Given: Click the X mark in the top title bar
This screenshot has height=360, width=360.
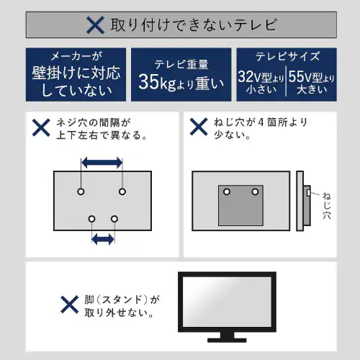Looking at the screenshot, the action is [95, 25].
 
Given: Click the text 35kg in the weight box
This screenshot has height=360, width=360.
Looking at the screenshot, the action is [157, 82].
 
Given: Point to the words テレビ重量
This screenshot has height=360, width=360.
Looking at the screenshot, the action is [181, 64].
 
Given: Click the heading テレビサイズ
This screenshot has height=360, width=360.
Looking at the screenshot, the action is [287, 56].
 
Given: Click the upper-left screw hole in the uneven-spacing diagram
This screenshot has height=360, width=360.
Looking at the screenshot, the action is [81, 192].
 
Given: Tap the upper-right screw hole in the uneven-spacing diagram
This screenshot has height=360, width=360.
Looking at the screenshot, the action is [122, 192].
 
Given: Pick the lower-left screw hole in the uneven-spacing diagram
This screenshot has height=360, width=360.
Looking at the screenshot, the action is [91, 219].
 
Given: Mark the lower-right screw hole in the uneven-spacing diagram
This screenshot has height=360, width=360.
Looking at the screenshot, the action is [114, 219].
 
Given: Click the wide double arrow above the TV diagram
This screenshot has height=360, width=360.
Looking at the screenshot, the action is [102, 163].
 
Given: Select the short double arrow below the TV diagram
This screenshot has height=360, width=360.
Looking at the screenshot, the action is [103, 239].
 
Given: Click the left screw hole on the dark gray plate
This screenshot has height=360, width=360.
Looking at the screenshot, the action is [227, 192].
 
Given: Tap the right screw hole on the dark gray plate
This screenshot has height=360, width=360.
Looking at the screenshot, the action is [255, 192].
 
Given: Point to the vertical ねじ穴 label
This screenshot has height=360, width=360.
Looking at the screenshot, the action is [327, 205].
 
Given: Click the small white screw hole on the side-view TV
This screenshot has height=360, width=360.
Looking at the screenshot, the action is [308, 192].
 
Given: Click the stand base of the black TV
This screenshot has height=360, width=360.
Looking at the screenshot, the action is [227, 340].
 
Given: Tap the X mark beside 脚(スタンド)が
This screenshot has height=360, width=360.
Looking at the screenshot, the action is [70, 305].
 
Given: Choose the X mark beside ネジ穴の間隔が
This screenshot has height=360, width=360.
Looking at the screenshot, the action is [41, 127].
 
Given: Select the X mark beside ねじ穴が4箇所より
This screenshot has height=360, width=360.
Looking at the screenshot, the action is [199, 127].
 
